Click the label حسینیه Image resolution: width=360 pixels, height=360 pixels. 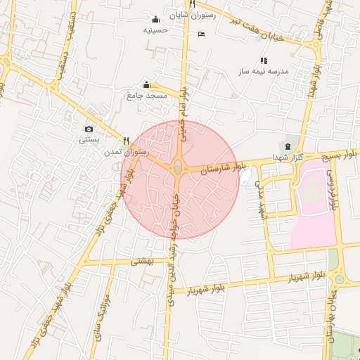coord(155,30)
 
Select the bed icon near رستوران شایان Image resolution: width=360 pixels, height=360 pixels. coord(202,34)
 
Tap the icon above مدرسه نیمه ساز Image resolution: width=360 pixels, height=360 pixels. coord(264,60)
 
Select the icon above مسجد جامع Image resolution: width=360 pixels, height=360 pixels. coord(146,84)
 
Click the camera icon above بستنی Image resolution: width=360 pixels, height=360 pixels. coord(89,129)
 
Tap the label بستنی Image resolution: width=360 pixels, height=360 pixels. coord(89,139)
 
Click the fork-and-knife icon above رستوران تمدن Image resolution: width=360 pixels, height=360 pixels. coord(127,140)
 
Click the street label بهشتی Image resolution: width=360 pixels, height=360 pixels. coord(142,260)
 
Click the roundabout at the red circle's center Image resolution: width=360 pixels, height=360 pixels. coord(178,167)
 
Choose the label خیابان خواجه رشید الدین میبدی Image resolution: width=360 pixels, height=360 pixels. coord(174,239)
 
